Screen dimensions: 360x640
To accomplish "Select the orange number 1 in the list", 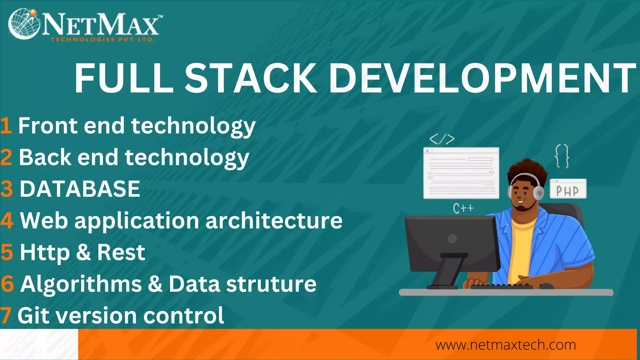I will pos(6,126).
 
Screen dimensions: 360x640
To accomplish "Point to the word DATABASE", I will pos(80,189).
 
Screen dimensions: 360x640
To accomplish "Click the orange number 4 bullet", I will pos(7,221).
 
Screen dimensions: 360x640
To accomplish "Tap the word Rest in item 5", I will pos(121,252).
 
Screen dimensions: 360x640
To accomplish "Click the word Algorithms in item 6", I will pos(81,284).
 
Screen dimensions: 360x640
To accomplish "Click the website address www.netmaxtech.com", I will pos(506,345).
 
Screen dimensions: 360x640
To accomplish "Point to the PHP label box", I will pos(568,189).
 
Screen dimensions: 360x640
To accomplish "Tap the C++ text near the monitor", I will pos(463,208).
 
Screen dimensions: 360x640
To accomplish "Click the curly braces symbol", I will pos(562,156).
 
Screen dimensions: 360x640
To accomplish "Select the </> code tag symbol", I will pos(442,139).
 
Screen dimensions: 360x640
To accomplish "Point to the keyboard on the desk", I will pos(501,286).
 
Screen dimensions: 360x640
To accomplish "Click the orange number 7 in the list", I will pos(6,316).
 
